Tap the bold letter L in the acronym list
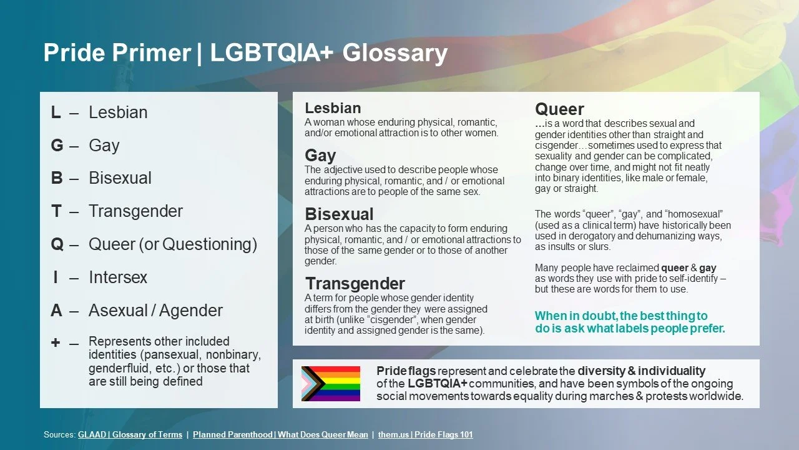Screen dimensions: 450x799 click(x=56, y=112)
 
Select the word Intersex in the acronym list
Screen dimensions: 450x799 click(x=118, y=277)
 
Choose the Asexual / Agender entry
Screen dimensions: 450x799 click(x=155, y=311)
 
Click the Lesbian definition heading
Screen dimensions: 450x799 click(x=333, y=108)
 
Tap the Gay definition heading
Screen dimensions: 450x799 click(x=320, y=155)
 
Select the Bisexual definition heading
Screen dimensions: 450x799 click(x=339, y=214)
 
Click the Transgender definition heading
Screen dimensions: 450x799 click(x=355, y=284)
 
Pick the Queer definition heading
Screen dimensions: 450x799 click(x=559, y=109)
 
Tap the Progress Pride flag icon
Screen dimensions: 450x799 click(x=330, y=383)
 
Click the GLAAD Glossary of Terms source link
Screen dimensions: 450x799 click(x=130, y=435)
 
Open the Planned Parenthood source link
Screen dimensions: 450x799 click(x=280, y=435)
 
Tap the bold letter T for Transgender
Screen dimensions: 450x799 click(x=56, y=211)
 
